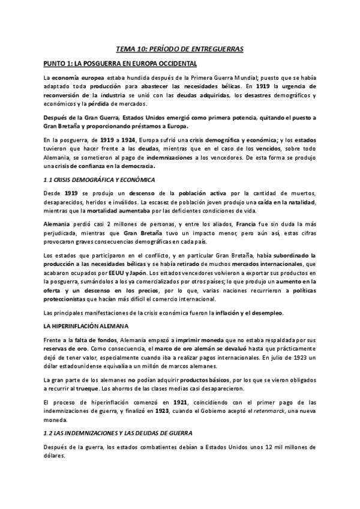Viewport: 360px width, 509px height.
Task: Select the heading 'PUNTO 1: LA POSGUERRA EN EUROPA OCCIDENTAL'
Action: (x=124, y=63)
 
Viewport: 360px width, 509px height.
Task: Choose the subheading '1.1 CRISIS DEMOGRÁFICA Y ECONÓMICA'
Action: (x=100, y=179)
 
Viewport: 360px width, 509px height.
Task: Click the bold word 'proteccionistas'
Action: (x=70, y=300)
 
